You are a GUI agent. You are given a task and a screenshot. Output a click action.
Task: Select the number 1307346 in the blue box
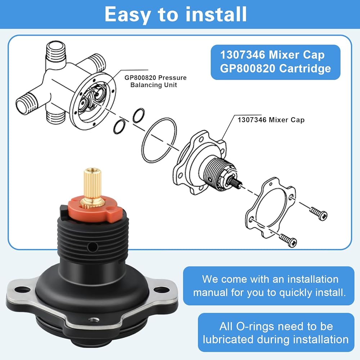click(x=243, y=55)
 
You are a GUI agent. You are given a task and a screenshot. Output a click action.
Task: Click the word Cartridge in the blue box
click(x=305, y=68)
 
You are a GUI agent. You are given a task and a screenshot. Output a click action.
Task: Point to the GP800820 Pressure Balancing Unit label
click(x=156, y=81)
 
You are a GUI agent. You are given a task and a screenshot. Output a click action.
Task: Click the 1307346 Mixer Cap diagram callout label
click(x=271, y=120)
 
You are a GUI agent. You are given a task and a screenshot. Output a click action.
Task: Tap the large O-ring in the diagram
click(x=159, y=140)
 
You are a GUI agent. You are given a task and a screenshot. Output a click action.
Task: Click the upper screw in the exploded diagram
click(x=319, y=213)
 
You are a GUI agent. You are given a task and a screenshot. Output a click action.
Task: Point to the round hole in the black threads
click(x=92, y=247)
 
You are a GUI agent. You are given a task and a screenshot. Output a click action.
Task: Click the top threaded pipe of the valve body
click(x=56, y=53)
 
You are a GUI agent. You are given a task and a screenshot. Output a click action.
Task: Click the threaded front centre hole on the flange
click(x=93, y=319)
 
